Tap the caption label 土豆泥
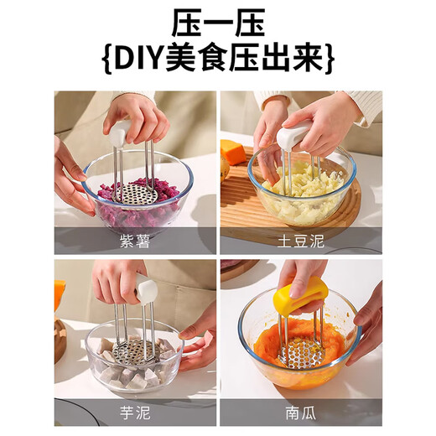pos(301,242)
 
